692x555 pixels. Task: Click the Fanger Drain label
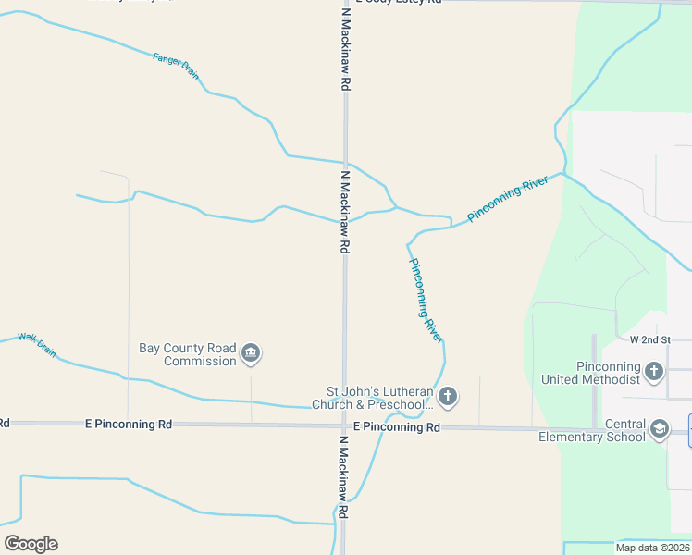176,65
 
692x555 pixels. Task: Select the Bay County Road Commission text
188,354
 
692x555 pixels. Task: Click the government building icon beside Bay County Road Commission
250,353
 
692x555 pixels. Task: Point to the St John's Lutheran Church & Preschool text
379,398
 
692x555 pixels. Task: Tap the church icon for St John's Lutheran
447,398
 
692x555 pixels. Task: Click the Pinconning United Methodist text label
607,373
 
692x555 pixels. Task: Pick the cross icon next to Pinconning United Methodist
654,372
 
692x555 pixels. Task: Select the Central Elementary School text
592,430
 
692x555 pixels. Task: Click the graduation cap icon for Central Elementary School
659,429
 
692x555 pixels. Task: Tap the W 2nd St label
649,340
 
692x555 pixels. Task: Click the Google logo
31,544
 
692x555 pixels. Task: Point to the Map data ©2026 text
651,548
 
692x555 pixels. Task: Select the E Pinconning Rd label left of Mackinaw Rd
128,425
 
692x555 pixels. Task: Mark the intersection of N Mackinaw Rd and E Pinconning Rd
343,425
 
